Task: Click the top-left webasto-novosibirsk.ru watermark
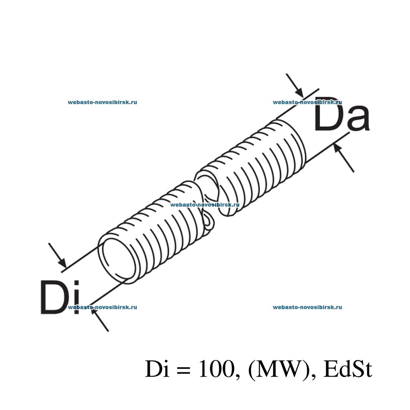pos(102,102)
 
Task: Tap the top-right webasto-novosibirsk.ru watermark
pos(307,102)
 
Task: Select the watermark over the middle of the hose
pos(204,205)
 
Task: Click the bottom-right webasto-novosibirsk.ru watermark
pos(307,307)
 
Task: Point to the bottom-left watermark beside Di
pos(102,307)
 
